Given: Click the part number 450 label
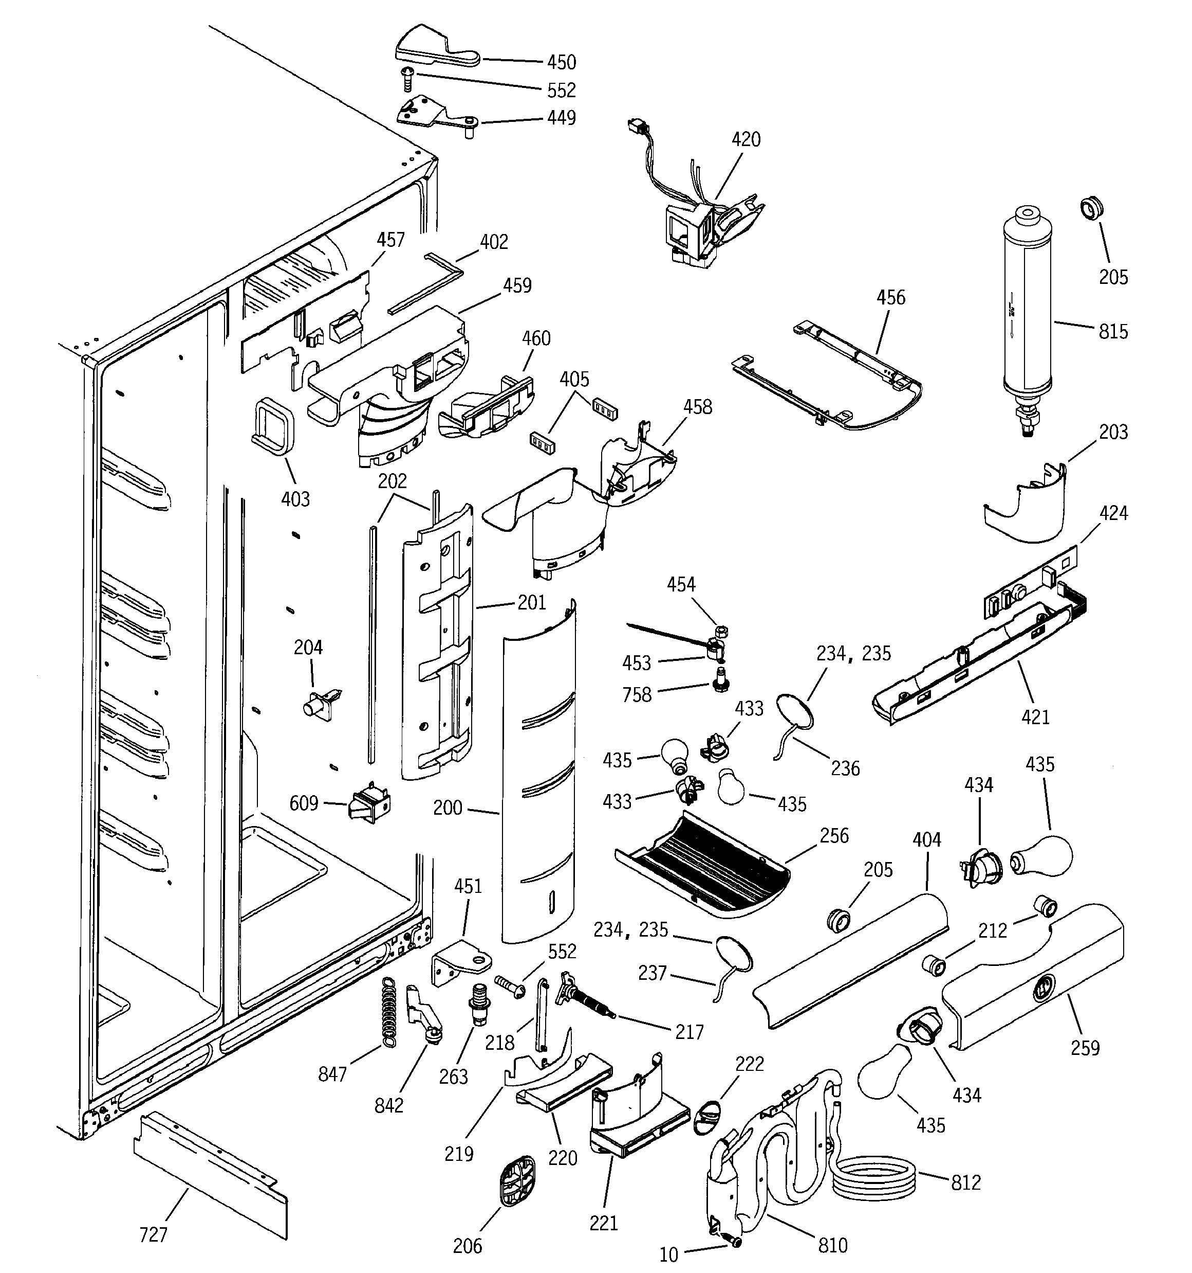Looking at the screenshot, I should click(561, 62).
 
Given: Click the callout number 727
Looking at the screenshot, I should click(153, 1234).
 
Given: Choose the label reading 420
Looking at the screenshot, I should click(746, 139).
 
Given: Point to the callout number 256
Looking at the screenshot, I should click(834, 836).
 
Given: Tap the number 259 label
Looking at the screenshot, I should click(1085, 1049).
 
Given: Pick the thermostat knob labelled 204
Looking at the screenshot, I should click(319, 705).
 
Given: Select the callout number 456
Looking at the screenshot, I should click(890, 298).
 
